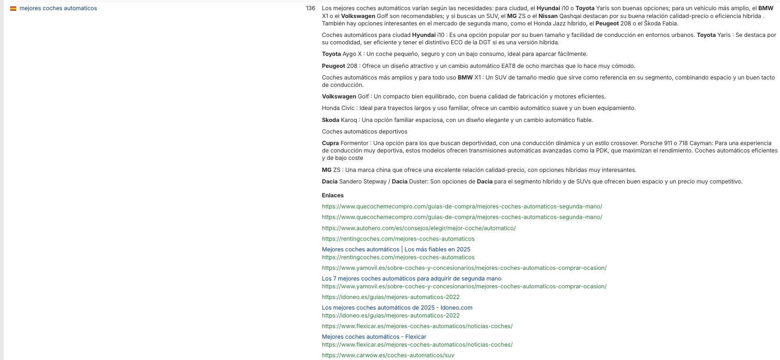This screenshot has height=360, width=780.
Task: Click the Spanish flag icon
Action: point(13,8)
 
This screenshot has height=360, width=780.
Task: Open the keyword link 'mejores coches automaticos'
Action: point(58,8)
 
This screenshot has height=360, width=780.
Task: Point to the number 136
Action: point(310,8)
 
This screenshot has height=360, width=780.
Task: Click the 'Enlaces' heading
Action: point(332,195)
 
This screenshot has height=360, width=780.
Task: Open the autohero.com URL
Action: point(418,228)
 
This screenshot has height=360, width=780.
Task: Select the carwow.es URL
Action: point(388,355)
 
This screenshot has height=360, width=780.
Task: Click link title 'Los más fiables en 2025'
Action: point(437,250)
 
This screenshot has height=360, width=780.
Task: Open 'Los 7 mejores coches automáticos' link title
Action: point(411,279)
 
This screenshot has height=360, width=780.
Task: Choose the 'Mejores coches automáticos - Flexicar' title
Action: point(374,337)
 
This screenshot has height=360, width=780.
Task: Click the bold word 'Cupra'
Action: point(330,143)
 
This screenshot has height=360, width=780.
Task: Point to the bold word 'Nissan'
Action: point(548,16)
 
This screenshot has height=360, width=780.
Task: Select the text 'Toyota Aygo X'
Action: point(342,54)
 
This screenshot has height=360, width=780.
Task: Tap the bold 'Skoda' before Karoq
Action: point(331,120)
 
